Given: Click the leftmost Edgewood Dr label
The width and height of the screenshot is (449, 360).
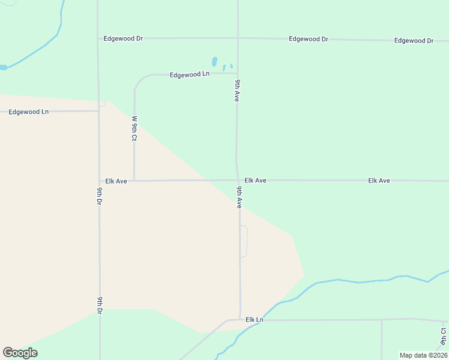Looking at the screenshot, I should coord(123,38).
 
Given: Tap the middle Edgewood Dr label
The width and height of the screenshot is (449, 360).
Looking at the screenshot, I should coord(308,39).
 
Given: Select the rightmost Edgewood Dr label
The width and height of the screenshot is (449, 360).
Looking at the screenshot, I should coord(414,41).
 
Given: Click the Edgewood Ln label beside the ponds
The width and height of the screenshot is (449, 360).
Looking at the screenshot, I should coord(189,74).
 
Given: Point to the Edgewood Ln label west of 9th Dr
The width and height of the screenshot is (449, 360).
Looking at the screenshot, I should coord(28,112).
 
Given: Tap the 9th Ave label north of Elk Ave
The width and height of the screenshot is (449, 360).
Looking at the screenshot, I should coord(238,90).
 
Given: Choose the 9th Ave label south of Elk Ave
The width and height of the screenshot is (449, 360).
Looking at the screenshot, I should coord(239,197).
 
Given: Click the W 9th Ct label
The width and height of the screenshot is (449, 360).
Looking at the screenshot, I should coord(134,128).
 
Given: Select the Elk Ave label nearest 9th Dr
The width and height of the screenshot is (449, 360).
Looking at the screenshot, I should coord(116,181).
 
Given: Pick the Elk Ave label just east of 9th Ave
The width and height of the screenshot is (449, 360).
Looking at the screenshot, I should coord(255,180).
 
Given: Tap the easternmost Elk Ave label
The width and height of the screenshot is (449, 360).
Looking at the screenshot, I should coord(379,180).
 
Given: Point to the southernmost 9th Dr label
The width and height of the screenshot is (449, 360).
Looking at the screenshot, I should coord(100,305).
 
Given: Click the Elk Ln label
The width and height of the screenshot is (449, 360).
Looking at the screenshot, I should coord(255,320).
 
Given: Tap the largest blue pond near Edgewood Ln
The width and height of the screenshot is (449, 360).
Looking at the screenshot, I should coord(214,62).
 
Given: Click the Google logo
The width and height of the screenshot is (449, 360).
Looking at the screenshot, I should coord(20,353).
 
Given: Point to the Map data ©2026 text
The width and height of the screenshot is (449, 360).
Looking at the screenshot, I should coord(423,355).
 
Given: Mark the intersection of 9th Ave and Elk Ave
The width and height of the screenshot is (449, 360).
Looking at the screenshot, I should coord(238,180).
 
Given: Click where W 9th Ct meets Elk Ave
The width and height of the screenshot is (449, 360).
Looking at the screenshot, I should coord(134,180).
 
